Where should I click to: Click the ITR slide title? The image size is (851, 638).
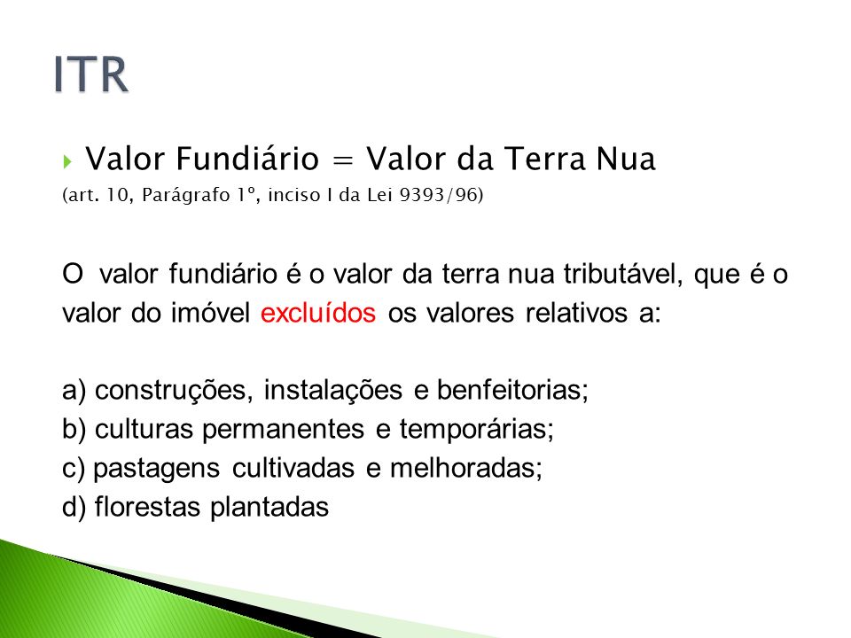(x=91, y=74)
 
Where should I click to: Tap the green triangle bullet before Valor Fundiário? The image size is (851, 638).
(x=67, y=161)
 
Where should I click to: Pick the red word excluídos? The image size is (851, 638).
(x=318, y=313)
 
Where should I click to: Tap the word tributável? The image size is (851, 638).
(x=623, y=274)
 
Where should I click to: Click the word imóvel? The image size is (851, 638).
(x=211, y=313)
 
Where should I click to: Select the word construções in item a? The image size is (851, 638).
(x=174, y=391)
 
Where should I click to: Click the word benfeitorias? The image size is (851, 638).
(x=512, y=390)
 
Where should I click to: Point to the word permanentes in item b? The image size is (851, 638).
(x=283, y=430)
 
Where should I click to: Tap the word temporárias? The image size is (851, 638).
(x=477, y=430)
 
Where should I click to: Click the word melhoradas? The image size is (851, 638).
(x=465, y=468)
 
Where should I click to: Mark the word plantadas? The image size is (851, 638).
(x=269, y=508)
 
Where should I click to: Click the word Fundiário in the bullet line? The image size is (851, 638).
(x=247, y=159)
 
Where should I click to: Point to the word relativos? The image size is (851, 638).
(x=576, y=313)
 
